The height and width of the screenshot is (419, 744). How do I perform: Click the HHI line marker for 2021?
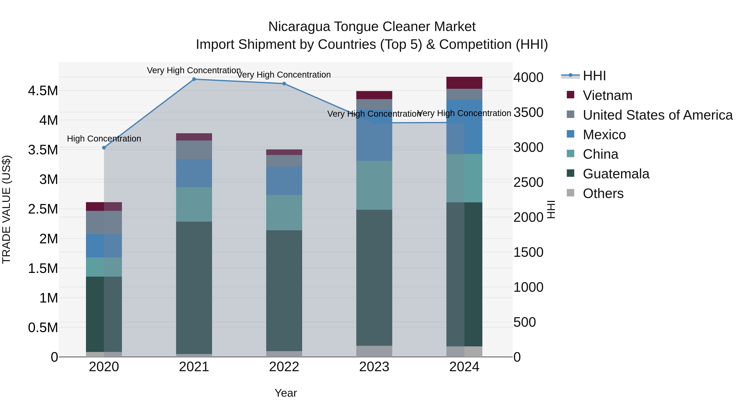(194, 79)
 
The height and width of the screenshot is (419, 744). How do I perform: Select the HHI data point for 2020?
(104, 148)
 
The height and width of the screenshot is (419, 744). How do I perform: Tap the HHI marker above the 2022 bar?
(284, 84)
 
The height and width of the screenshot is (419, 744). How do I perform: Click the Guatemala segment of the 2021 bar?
(194, 288)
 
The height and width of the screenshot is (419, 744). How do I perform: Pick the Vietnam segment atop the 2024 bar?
(464, 83)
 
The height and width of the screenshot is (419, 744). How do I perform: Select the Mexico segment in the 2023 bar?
(374, 135)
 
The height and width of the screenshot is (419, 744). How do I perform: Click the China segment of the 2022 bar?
(284, 213)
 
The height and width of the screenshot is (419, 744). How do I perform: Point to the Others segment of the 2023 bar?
(374, 351)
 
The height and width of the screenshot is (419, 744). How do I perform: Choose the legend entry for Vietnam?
(607, 95)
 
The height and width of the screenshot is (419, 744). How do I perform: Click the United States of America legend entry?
(657, 115)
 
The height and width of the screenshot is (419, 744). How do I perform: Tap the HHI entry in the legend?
(594, 76)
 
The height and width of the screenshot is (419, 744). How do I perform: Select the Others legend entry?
(603, 193)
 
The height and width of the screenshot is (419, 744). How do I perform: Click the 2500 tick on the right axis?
(528, 182)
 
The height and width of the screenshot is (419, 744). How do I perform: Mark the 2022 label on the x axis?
(284, 367)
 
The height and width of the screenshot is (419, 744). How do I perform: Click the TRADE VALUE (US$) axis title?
(6, 209)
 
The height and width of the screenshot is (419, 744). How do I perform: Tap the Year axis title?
(286, 393)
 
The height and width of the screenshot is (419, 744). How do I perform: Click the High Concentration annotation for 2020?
(104, 139)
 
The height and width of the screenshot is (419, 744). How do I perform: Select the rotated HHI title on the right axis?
(551, 209)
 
